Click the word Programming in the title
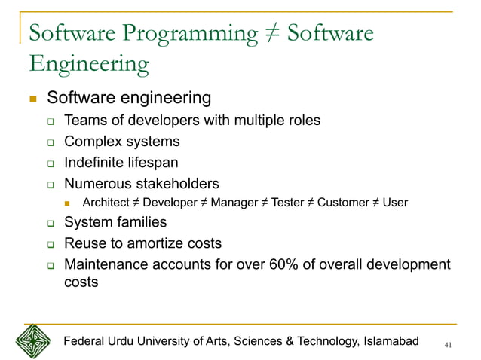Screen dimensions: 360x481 pyautogui.click(x=181, y=34)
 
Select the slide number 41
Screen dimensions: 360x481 pyautogui.click(x=449, y=344)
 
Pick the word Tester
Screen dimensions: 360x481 pyautogui.click(x=287, y=203)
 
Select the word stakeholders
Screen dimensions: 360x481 pyautogui.click(x=175, y=183)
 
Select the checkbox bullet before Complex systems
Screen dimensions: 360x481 pyautogui.click(x=51, y=142)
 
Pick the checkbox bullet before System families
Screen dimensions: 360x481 pyautogui.click(x=51, y=224)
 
